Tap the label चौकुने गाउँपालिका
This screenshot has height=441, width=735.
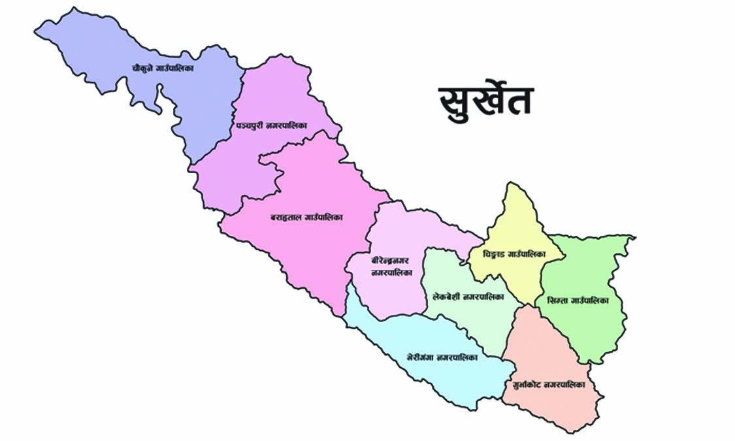coord(166,67)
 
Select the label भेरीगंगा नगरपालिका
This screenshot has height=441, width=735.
coord(441,358)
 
